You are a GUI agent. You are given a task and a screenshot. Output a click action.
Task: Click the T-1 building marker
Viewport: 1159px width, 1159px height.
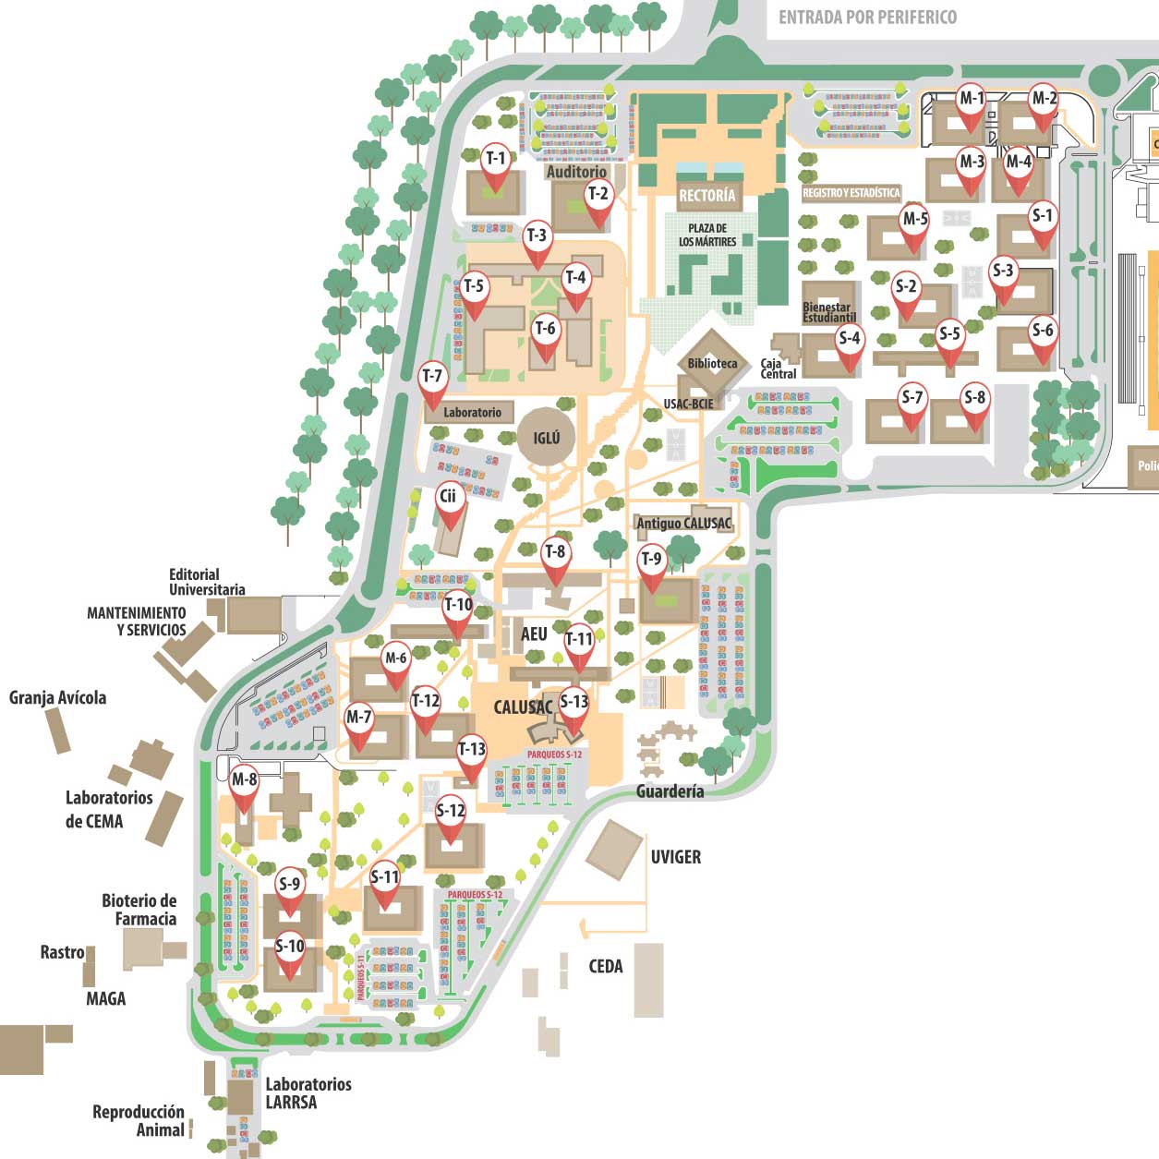[496, 162]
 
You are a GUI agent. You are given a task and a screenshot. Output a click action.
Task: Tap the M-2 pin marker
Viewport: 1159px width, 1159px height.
[1044, 102]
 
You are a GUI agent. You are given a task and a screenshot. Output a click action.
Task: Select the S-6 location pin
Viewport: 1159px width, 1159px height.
[1043, 333]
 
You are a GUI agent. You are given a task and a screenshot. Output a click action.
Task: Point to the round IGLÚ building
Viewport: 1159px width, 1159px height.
[546, 438]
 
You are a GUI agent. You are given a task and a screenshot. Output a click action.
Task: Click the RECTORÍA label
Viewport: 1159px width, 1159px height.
[706, 196]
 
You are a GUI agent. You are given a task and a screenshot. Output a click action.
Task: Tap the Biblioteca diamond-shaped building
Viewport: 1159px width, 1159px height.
[712, 363]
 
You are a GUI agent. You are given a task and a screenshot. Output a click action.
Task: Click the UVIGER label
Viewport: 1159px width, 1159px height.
[675, 857]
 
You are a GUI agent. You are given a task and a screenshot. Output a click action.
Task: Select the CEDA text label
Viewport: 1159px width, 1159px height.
[606, 966]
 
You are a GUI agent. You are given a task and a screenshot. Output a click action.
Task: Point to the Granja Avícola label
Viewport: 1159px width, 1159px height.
[57, 698]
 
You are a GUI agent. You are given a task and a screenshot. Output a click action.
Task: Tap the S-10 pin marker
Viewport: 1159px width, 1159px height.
[290, 950]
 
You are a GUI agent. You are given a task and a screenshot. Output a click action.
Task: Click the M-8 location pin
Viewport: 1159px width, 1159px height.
[244, 783]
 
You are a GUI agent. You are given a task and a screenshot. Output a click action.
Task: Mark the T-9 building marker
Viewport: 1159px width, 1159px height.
[651, 562]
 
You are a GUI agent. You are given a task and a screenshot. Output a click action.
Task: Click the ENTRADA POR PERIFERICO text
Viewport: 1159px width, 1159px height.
[867, 17]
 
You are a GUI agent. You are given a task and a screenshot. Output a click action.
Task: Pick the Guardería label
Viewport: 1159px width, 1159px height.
[670, 791]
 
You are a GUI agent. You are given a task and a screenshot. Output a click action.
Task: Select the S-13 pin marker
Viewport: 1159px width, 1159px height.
[573, 706]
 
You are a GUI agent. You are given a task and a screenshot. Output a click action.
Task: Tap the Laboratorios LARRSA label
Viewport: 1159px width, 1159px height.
[308, 1093]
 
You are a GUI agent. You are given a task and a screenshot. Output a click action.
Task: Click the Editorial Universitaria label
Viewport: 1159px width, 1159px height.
[207, 582]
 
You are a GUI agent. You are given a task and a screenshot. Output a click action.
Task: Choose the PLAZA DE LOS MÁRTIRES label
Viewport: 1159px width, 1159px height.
[707, 235]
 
